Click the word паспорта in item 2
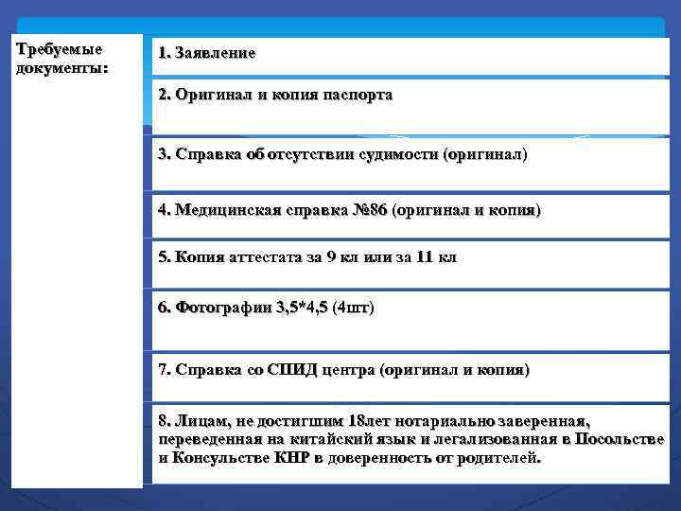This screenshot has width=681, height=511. pyautogui.click(x=356, y=96)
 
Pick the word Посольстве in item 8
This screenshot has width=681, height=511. pyautogui.click(x=620, y=439)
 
